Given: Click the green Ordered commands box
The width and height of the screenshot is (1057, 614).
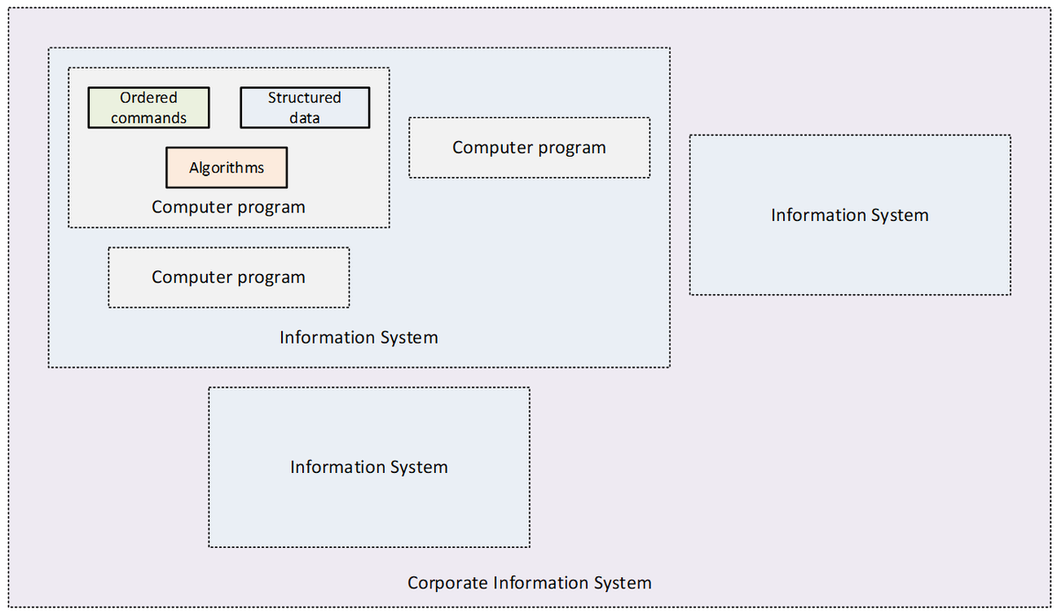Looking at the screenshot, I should coord(149,107).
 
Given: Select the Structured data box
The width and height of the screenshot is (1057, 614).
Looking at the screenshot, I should coord(305,107).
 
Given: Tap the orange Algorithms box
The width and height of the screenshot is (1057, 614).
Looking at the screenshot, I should coord(226,167).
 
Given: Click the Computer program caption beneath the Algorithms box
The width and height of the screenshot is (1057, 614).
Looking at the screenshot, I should coord(228,207).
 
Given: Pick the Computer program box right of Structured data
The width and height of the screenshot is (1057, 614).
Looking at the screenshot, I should coord(528,148).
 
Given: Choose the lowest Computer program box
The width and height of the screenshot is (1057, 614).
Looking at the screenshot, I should coord(228,277).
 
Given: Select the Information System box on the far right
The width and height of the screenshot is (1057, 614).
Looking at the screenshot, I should coord(849,215).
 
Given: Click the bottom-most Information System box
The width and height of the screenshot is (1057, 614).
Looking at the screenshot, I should coord(368,467).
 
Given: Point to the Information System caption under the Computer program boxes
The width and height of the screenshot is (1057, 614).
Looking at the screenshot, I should coord(358,337).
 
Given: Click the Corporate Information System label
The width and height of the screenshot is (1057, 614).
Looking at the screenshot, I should coord(529,583).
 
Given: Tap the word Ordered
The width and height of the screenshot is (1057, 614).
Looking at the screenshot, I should coord(149,98).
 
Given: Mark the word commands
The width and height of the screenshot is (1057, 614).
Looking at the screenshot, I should coord(149,118).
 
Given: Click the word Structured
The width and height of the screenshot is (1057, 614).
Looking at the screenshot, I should coord(305,98).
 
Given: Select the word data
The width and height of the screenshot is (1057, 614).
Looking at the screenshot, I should coord(305,118).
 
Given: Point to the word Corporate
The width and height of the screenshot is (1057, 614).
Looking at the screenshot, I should coord(447,583).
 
